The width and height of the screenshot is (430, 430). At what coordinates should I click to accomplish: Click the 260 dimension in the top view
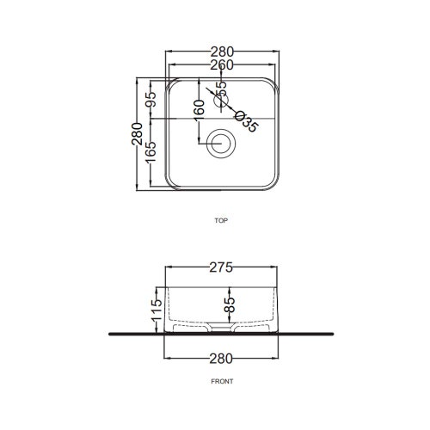point(222,65)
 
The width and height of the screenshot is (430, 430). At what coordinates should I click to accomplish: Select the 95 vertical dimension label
point(150,99)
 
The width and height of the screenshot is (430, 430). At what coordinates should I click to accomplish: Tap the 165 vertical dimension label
point(150,151)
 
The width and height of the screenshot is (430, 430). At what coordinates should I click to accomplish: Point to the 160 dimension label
point(199,110)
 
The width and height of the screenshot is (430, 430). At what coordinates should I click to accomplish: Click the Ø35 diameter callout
point(246,122)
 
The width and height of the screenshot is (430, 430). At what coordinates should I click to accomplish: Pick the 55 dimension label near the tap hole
point(221,89)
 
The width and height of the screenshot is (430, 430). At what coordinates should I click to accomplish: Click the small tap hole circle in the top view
point(221,101)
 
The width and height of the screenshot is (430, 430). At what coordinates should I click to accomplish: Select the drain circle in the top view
point(221,143)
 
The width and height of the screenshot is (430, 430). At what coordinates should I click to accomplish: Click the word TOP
point(221,220)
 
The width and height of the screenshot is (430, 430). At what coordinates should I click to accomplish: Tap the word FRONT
point(222,382)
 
